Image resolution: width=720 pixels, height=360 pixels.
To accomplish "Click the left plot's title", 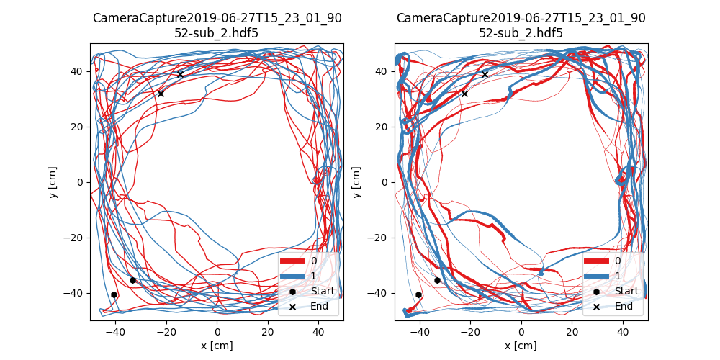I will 217,25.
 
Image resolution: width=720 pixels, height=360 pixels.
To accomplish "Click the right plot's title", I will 521,25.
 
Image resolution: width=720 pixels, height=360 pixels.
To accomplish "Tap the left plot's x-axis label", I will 217,346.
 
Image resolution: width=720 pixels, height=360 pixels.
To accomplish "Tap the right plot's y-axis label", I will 358,182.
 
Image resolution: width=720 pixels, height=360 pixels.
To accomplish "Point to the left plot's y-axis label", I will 53,182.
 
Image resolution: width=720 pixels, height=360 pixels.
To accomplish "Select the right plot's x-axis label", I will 521,346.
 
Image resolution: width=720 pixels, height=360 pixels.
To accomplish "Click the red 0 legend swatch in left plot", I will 294,261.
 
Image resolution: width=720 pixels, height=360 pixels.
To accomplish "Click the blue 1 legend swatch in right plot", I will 598,276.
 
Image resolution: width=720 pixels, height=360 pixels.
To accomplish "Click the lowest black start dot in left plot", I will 114,294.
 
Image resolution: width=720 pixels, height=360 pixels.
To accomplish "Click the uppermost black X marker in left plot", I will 180,74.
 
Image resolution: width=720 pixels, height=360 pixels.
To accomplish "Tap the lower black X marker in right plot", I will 464,94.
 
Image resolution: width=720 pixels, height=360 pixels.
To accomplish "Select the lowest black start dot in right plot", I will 418,294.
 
